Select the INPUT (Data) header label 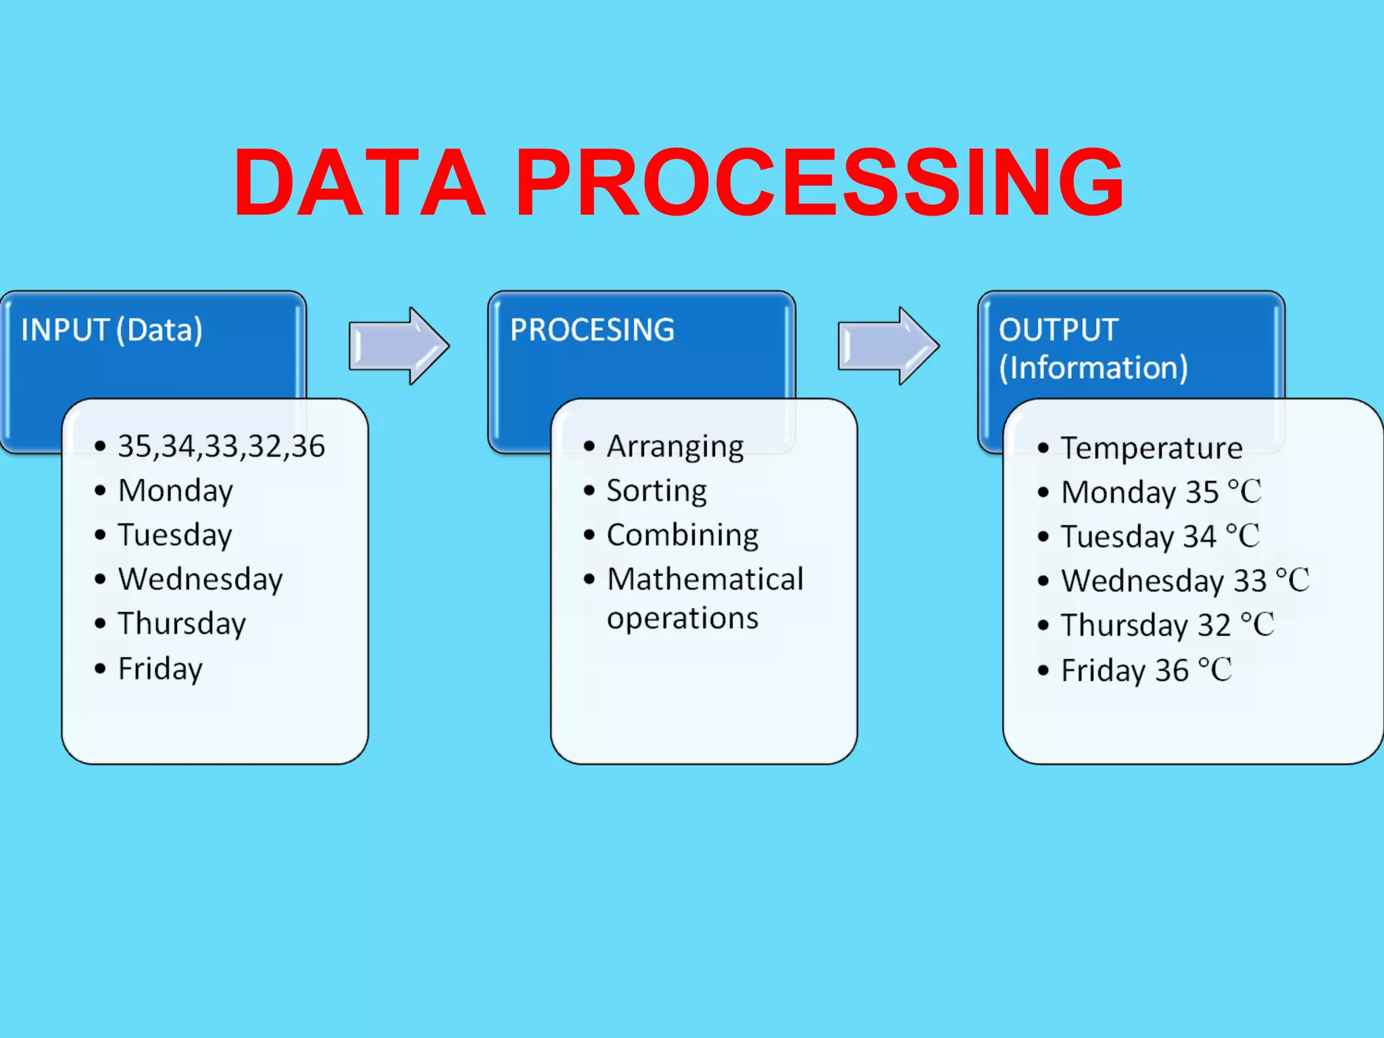tap(112, 330)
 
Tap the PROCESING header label tap(592, 330)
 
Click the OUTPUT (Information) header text tap(1093, 349)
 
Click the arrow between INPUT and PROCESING tap(399, 346)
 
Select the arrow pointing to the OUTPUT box tap(888, 346)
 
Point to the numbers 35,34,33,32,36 tap(221, 447)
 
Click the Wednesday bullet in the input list tap(200, 580)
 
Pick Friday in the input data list tap(160, 669)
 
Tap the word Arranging tap(675, 447)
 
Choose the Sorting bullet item tap(656, 491)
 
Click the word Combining tap(683, 535)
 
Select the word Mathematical tap(705, 580)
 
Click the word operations tap(683, 619)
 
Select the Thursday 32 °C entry tap(1167, 625)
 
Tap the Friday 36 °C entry tap(1146, 670)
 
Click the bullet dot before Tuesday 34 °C tap(1043, 537)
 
